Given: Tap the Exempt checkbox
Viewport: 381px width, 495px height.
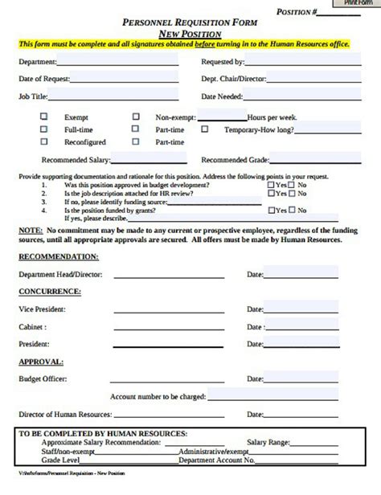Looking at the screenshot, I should pyautogui.click(x=44, y=116).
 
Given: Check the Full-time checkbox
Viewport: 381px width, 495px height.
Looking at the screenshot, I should pyautogui.click(x=44, y=129).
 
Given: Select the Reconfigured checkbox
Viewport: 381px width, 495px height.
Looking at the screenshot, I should pyautogui.click(x=44, y=141).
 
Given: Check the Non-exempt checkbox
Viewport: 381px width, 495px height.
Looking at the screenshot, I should pyautogui.click(x=135, y=116).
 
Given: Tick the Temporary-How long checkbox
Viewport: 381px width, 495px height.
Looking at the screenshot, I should pyautogui.click(x=204, y=129).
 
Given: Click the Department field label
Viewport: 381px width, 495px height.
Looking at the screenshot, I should pyautogui.click(x=37, y=61).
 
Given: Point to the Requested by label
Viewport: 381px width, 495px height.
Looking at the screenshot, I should pyautogui.click(x=223, y=61).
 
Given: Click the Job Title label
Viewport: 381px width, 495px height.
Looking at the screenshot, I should pyautogui.click(x=32, y=96).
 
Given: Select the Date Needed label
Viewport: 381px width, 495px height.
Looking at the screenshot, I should pyautogui.click(x=221, y=96).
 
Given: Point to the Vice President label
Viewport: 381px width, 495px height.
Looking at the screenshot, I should pyautogui.click(x=42, y=309).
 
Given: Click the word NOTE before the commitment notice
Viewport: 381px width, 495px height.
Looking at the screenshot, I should pyautogui.click(x=30, y=229).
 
